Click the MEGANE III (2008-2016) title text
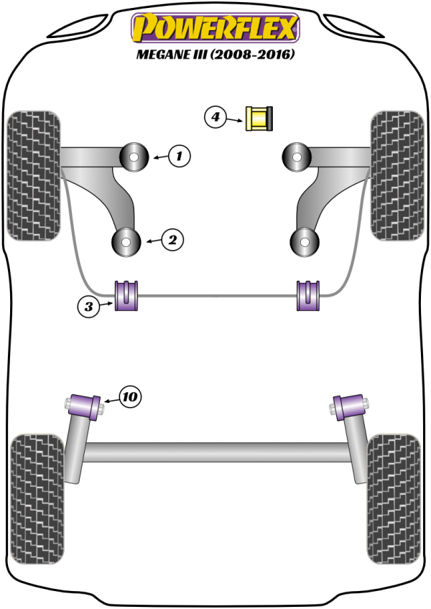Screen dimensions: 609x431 click(215, 55)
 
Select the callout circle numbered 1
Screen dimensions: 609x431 click(180, 154)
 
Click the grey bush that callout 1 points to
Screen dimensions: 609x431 click(134, 157)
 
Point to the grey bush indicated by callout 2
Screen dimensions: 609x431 click(127, 243)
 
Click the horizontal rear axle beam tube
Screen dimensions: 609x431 click(215, 452)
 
